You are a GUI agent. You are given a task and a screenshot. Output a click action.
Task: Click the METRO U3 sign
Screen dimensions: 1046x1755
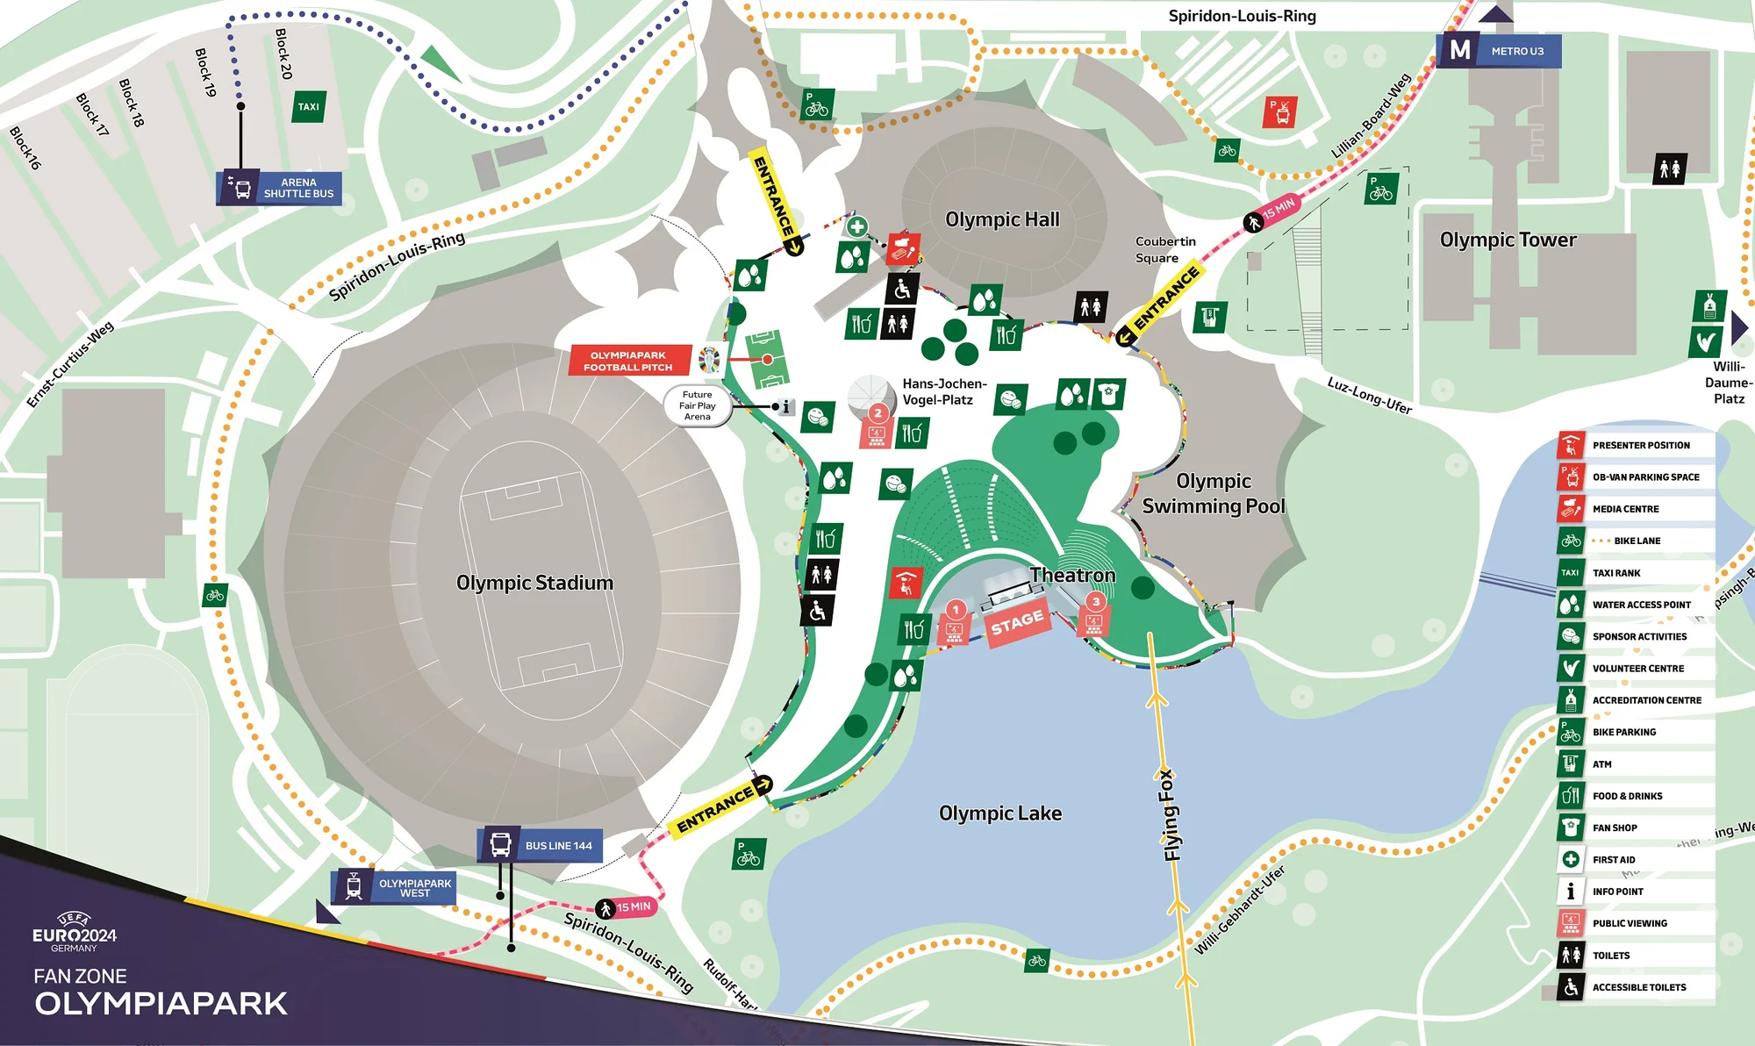click(1500, 51)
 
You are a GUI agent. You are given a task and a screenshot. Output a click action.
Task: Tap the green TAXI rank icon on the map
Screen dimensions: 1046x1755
click(308, 107)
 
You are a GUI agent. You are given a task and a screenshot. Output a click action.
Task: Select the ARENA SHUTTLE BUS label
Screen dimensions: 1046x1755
click(280, 188)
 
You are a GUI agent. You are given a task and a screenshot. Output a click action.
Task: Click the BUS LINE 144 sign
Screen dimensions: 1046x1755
click(541, 845)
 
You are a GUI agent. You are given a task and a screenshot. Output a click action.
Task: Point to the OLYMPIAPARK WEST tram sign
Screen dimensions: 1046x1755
click(394, 887)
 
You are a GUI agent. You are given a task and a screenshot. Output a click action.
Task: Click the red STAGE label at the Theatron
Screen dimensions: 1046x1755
click(1017, 623)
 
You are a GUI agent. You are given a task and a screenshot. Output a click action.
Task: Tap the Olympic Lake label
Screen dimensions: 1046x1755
click(999, 813)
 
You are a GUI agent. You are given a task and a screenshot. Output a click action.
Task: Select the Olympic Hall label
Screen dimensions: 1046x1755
click(1002, 219)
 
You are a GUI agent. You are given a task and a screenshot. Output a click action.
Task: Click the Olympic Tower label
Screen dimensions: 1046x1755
click(1508, 240)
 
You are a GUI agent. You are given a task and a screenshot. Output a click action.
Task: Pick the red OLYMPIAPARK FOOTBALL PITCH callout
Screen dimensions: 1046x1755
click(628, 361)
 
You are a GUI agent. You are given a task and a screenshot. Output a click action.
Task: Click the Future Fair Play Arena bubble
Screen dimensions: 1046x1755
click(698, 405)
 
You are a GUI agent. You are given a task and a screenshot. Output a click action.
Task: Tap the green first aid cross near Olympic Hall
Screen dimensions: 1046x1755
click(857, 226)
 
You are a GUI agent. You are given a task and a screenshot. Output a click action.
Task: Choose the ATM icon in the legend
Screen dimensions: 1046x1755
click(1571, 764)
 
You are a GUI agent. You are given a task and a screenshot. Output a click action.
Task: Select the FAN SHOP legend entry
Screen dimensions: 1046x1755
click(1615, 827)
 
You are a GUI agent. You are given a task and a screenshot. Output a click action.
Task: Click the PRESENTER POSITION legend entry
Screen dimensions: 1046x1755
click(1640, 445)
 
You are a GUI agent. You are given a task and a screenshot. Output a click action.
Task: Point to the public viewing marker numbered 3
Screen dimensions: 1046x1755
click(1095, 613)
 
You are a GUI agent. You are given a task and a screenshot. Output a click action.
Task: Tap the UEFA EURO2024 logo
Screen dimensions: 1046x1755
click(75, 931)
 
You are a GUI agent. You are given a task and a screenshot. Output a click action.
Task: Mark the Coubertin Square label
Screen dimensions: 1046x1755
click(1164, 249)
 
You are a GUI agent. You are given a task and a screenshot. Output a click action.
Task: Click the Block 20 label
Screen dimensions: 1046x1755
click(283, 54)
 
